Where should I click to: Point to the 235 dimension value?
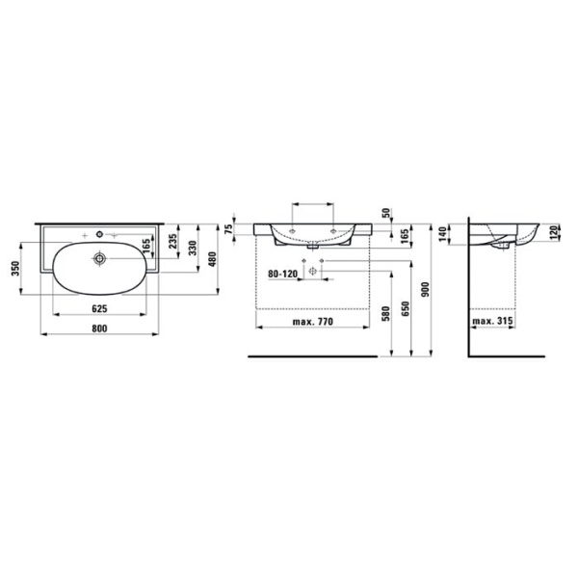click(173, 243)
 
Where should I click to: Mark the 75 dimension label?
click(228, 228)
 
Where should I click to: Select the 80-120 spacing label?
click(284, 274)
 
